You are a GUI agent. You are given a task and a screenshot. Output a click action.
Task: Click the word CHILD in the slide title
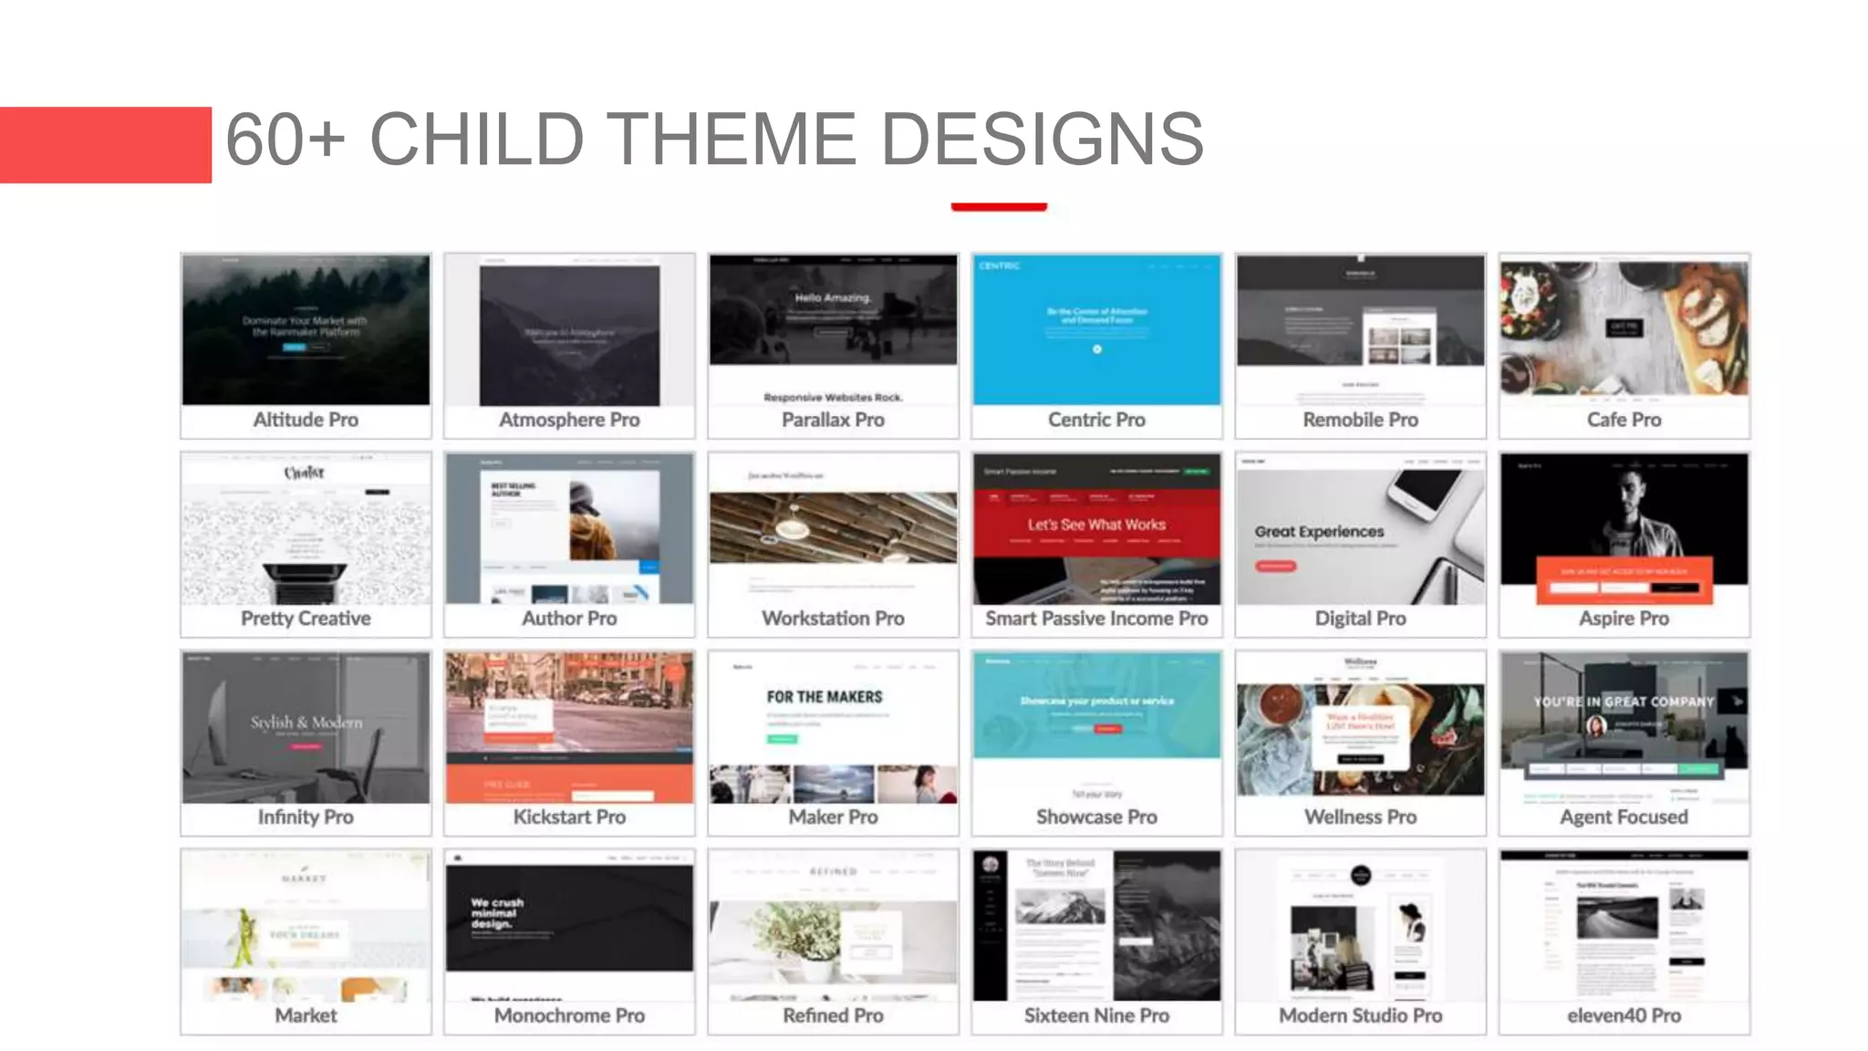(x=476, y=140)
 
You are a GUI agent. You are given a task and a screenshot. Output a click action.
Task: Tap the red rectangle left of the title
(x=105, y=145)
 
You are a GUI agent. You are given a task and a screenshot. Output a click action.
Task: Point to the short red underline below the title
(x=999, y=207)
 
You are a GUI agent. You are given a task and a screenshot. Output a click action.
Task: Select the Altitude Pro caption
(x=306, y=420)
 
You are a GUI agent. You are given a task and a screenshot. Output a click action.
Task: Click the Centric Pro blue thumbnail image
(x=1096, y=329)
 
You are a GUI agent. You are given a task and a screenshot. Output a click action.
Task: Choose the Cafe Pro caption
(x=1624, y=420)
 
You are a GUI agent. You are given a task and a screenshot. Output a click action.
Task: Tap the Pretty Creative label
(x=306, y=619)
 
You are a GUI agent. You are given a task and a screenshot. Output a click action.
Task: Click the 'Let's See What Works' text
(x=1096, y=525)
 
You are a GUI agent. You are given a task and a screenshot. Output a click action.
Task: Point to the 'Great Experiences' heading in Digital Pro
(x=1319, y=531)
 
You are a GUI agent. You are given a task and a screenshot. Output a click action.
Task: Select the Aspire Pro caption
(x=1624, y=619)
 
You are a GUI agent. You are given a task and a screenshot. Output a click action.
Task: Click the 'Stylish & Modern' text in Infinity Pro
(x=306, y=722)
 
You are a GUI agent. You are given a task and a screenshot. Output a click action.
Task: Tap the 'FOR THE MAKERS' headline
(x=825, y=697)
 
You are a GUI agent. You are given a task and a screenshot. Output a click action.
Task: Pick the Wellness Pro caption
(x=1360, y=817)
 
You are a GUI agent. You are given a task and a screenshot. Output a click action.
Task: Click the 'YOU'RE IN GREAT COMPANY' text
(x=1624, y=702)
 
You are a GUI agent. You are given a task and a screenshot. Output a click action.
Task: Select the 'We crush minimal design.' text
(x=497, y=913)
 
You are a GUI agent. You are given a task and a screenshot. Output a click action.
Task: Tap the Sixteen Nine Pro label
(x=1096, y=1015)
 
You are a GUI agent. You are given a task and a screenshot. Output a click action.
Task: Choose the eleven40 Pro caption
(x=1624, y=1015)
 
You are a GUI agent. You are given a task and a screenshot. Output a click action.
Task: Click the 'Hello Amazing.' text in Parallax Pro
(x=833, y=297)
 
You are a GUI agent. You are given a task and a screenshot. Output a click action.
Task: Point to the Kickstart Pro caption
(x=569, y=817)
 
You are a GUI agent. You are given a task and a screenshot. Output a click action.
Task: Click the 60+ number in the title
(x=285, y=140)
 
